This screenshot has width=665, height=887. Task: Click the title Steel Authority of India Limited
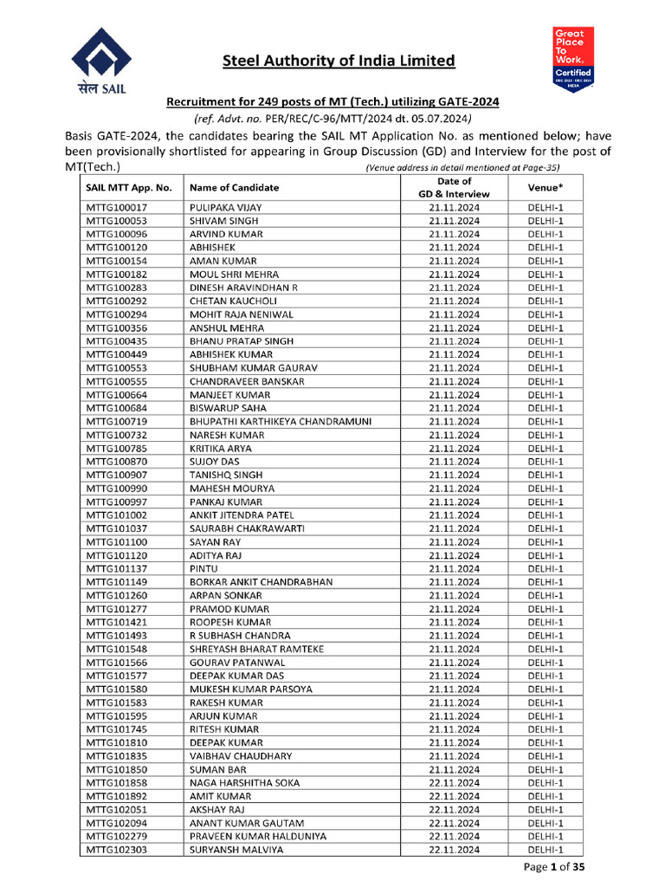coord(339,61)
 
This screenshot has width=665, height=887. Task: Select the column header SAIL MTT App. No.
coord(129,187)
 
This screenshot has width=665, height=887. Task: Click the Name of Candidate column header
coord(234,187)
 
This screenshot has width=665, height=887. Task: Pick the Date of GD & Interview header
coord(454,187)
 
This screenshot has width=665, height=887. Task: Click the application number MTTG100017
coord(116,208)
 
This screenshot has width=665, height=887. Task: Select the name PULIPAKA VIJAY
coord(225,208)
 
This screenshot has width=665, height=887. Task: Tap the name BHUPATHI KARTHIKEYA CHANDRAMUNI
coord(281,421)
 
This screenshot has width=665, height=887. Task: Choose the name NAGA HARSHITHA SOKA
coord(244,782)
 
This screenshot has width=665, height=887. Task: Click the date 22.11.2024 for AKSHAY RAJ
coord(454,809)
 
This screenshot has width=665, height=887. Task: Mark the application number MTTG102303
coord(116,850)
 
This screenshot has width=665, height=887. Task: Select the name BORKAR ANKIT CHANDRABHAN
coord(261,582)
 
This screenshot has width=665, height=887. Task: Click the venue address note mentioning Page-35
coord(462,167)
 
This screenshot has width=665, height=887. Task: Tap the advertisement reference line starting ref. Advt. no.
coord(332,119)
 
